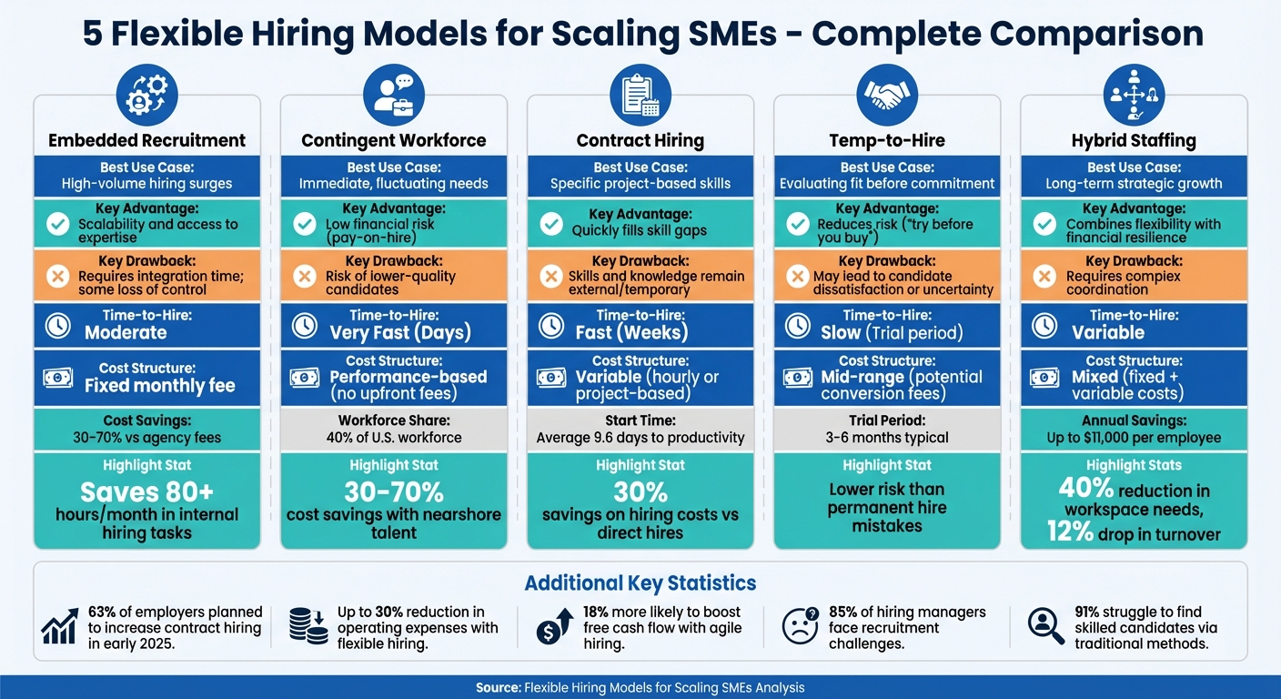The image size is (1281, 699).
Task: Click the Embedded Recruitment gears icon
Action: [x=147, y=95]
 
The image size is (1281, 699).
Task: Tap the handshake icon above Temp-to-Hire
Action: [x=887, y=95]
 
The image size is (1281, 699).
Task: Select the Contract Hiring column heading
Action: [x=640, y=140]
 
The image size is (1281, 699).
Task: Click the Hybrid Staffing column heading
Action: [x=1134, y=140]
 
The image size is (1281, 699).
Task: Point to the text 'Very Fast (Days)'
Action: [x=400, y=332]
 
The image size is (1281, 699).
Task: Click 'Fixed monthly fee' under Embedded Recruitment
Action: [x=160, y=385]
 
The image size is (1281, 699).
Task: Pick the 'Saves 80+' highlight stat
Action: [x=147, y=492]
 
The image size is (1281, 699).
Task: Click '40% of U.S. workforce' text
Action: [x=394, y=438]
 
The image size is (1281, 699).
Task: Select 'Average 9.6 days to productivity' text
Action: [x=640, y=438]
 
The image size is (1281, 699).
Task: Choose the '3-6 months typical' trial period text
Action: [x=887, y=438]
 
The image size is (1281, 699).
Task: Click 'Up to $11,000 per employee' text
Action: [x=1134, y=438]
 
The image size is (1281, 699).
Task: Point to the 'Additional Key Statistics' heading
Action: [x=640, y=583]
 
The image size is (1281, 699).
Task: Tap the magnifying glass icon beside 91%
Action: [x=1046, y=625]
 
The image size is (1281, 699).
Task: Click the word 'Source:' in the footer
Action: [x=498, y=688]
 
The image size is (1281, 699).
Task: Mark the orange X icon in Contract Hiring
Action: [x=551, y=276]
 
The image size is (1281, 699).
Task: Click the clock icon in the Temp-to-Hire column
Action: [x=798, y=325]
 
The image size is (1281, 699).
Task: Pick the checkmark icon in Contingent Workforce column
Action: [x=305, y=224]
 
